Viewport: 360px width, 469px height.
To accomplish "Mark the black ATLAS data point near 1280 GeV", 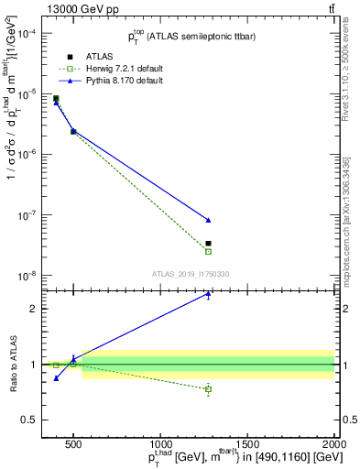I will point(209,244).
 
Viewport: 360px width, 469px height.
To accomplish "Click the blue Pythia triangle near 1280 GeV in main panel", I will point(209,220).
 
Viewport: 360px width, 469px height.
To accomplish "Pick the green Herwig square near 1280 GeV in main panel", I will point(209,251).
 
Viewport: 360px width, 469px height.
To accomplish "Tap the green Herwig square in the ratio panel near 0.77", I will point(209,389).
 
